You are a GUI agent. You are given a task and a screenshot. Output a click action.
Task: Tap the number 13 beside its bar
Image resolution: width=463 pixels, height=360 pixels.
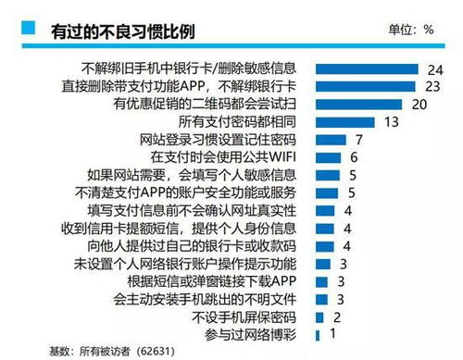pos(391,121)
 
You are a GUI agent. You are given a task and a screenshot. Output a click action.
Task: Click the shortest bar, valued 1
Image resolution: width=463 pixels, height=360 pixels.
pos(319,333)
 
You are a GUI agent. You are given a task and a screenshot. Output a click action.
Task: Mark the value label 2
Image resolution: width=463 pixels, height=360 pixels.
pos(337,316)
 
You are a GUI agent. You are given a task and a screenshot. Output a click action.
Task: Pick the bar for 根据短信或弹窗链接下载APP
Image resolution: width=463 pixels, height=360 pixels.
pos(322,280)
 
